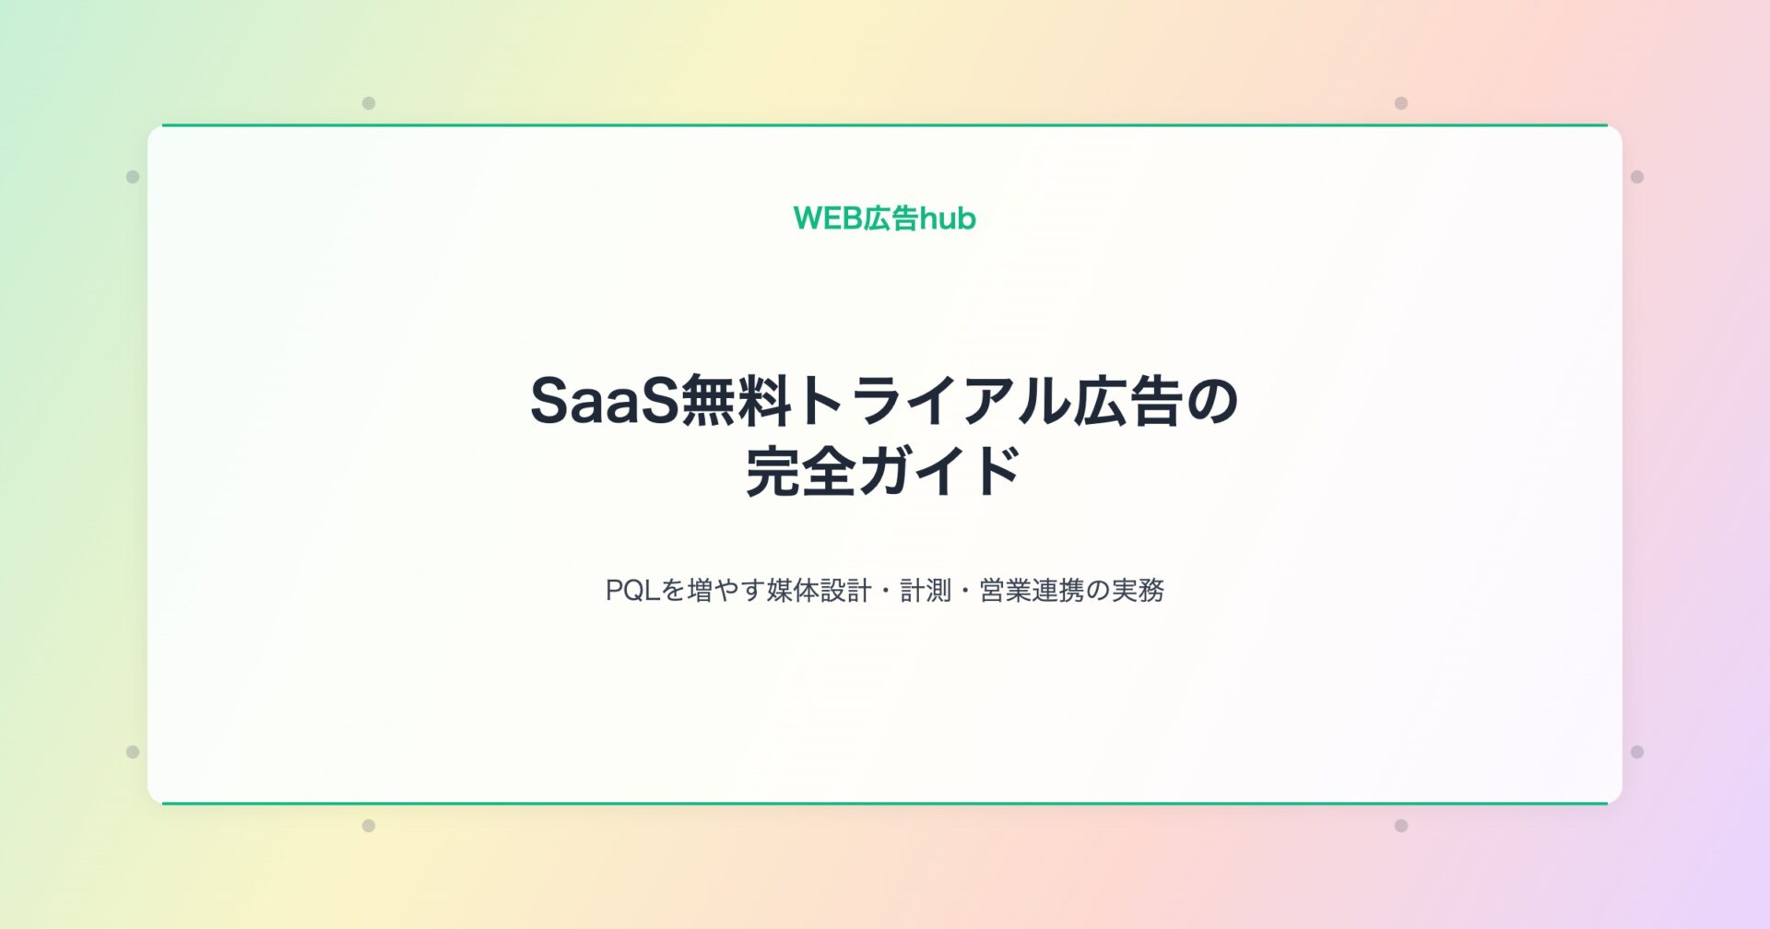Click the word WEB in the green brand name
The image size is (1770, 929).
tap(828, 218)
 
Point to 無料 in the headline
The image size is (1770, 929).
tap(735, 402)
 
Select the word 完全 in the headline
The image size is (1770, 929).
tap(799, 471)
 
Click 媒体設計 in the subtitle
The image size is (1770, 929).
tap(819, 590)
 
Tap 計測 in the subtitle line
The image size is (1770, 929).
tap(925, 590)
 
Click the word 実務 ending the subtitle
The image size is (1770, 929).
tap(1138, 590)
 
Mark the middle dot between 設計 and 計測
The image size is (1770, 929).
tap(885, 590)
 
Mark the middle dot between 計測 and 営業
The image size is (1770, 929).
tap(964, 590)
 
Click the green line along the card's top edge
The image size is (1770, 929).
tap(885, 124)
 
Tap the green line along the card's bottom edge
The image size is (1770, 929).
tap(885, 804)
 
